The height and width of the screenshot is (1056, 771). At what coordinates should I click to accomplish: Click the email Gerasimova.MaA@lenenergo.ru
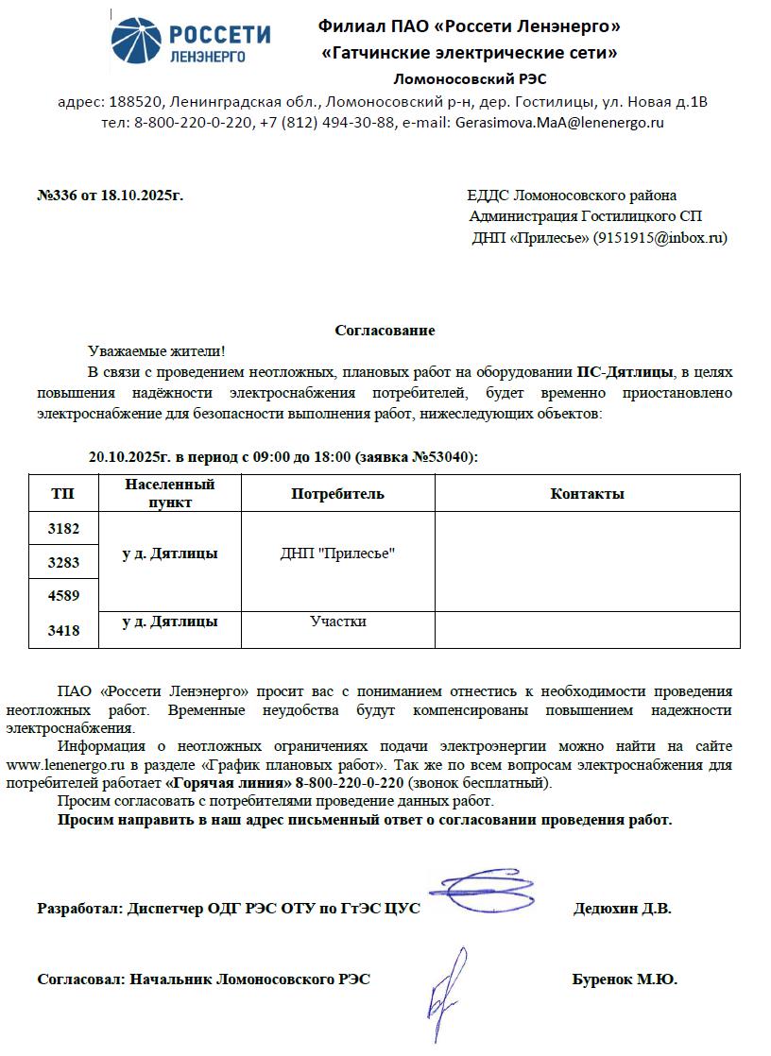560,123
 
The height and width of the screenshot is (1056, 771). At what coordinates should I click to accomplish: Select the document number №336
56,196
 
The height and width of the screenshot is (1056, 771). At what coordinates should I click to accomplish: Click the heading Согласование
385,331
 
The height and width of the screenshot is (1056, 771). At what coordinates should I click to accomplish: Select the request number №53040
443,456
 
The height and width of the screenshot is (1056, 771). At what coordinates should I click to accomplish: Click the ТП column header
63,494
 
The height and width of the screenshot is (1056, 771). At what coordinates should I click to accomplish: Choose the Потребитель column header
337,494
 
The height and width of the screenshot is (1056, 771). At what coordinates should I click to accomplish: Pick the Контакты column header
587,494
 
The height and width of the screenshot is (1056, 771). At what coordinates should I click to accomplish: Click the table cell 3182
63,529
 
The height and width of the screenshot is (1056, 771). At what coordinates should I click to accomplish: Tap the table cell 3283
63,563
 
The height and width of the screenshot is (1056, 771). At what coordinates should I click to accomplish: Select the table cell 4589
63,595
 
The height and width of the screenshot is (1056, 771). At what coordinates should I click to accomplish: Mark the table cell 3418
63,630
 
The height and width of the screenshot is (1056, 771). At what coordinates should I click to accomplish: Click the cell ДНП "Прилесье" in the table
337,554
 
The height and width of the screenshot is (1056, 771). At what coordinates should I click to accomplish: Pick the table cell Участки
337,622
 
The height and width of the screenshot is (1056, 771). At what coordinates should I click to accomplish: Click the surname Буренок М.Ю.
624,979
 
